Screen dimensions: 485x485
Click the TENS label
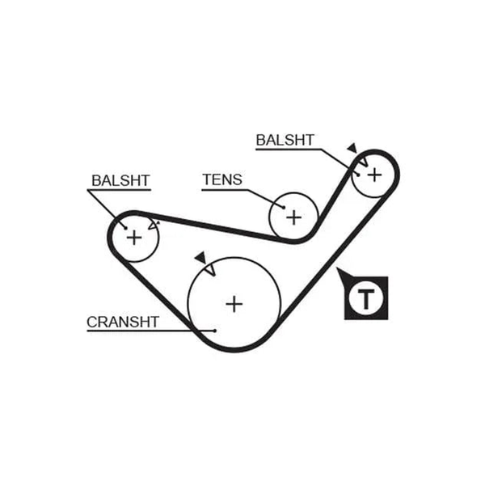pyautogui.click(x=222, y=179)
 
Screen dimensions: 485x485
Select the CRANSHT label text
pyautogui.click(x=123, y=322)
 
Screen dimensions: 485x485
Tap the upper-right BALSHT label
pyautogui.click(x=285, y=140)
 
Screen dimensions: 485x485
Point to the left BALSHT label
pyautogui.click(x=120, y=180)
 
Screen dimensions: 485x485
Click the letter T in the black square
pyautogui.click(x=366, y=299)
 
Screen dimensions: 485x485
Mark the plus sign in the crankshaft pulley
pyautogui.click(x=234, y=305)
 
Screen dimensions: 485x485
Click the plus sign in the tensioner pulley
pyautogui.click(x=294, y=217)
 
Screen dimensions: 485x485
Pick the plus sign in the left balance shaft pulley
pyautogui.click(x=134, y=238)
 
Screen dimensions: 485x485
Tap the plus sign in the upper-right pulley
pyautogui.click(x=374, y=175)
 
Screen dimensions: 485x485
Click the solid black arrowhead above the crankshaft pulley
pyautogui.click(x=201, y=257)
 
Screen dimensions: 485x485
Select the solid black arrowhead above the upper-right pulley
pyautogui.click(x=352, y=148)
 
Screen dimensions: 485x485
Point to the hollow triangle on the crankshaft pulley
pyautogui.click(x=210, y=269)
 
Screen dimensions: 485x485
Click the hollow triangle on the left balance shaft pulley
pyautogui.click(x=153, y=226)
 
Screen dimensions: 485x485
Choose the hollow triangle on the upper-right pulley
pyautogui.click(x=364, y=161)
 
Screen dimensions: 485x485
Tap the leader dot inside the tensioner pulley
pyautogui.click(x=284, y=207)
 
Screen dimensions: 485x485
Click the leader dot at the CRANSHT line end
pyautogui.click(x=215, y=331)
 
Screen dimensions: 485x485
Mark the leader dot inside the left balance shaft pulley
pyautogui.click(x=126, y=228)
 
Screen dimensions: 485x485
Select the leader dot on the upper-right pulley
pyautogui.click(x=358, y=175)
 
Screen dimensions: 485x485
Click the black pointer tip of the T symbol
pyautogui.click(x=337, y=268)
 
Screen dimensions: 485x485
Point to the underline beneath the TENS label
pyautogui.click(x=225, y=190)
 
